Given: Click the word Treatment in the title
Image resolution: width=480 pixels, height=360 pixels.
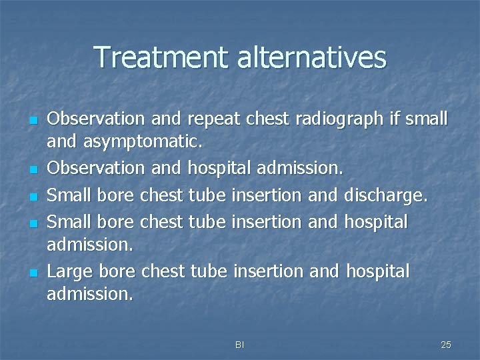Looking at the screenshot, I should coord(162,57).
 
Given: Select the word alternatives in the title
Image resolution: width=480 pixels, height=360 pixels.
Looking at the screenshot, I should coord(312,57).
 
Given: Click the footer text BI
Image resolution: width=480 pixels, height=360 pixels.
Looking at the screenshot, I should coord(239,345).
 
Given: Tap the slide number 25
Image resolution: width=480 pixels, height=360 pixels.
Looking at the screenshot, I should coord(446,345).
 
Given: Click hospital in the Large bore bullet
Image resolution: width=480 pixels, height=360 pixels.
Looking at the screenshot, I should coord(378,271).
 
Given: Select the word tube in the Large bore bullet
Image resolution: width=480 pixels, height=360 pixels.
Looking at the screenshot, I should coord(209,271).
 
